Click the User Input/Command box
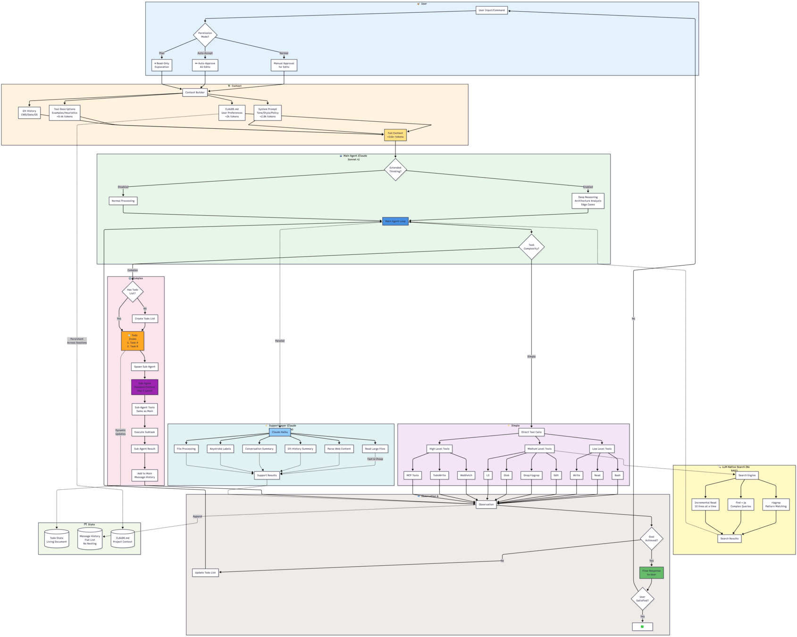[491, 10]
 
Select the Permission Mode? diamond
[205, 35]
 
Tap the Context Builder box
[195, 92]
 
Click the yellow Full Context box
[395, 135]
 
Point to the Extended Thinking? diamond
[395, 169]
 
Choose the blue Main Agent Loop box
[395, 221]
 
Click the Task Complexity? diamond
[531, 247]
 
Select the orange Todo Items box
[133, 341]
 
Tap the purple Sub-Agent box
[144, 387]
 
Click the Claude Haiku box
[279, 432]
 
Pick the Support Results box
[267, 475]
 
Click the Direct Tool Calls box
[531, 432]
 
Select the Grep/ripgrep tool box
[531, 475]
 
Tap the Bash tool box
[617, 475]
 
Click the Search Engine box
[747, 475]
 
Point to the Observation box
[486, 504]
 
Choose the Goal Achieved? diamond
[651, 538]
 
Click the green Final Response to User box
[651, 572]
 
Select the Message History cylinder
[90, 539]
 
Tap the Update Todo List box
[205, 572]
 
